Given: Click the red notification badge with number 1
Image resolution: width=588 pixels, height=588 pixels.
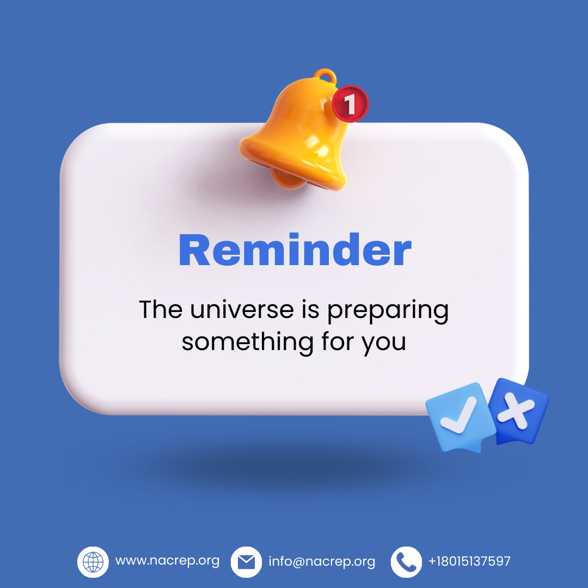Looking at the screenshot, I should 351,103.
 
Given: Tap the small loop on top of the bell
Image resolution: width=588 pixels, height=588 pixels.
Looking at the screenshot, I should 326,75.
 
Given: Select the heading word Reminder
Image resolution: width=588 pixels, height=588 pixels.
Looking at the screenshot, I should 295,250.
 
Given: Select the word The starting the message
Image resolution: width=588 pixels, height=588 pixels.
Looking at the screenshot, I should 161,309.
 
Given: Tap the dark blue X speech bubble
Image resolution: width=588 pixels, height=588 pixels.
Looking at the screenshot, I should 517,411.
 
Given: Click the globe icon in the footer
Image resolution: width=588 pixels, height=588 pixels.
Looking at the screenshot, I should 93,562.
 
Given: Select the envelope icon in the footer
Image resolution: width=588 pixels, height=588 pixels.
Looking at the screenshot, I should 246,562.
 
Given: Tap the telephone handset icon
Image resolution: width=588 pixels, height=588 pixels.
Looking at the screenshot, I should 406,562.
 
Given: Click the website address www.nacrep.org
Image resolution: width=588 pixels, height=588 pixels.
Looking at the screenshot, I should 167,561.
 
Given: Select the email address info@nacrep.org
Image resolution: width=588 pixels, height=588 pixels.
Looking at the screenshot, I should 322,561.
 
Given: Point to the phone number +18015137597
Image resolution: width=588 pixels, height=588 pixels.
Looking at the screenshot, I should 469,561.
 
